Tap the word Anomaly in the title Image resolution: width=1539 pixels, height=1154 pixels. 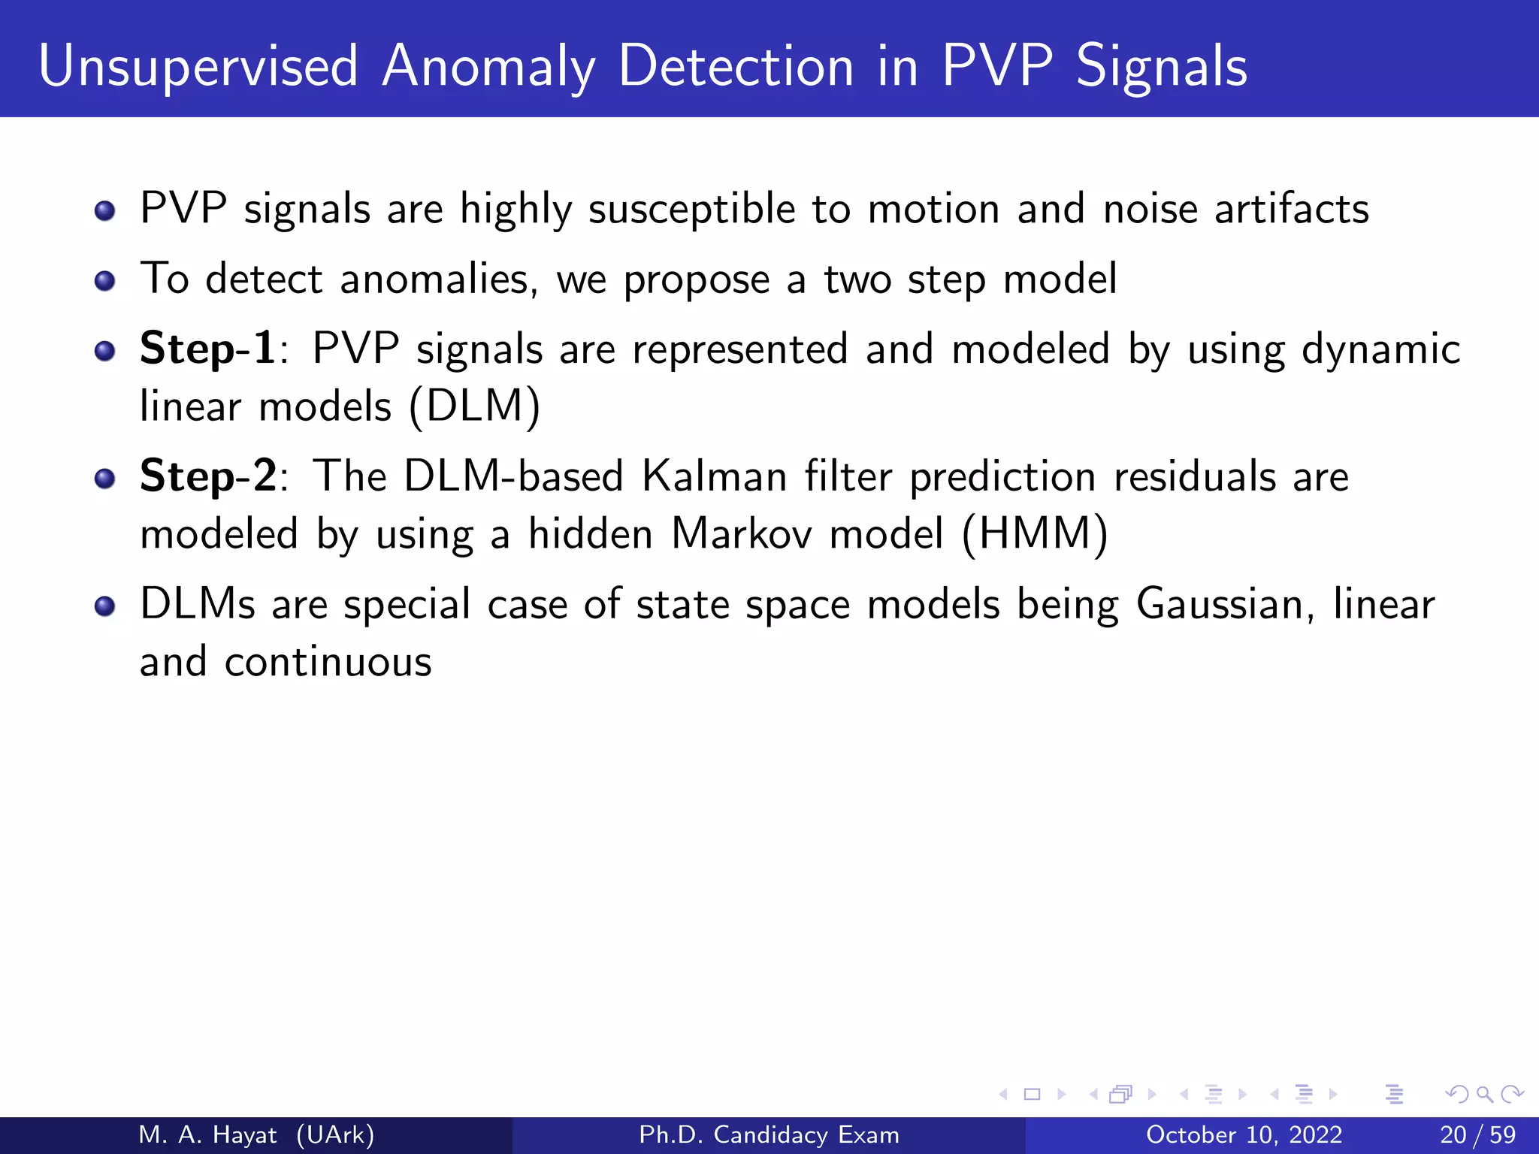488,68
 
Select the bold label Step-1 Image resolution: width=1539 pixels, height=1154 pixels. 207,349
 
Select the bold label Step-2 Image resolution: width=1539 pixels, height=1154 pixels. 208,476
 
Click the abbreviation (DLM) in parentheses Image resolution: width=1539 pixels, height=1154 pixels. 475,406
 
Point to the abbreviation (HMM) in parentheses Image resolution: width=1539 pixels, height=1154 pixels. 1034,534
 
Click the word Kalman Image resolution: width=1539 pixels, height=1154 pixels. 714,476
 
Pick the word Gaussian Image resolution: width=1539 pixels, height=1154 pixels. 1225,604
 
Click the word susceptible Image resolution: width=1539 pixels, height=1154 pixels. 691,209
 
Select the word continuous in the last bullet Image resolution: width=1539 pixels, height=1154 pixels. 328,662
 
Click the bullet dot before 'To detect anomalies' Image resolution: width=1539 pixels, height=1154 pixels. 105,281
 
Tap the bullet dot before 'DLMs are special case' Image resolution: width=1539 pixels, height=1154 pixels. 105,606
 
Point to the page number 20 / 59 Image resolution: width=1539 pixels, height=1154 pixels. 1477,1134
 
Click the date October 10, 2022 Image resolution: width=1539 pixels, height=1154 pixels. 1244,1134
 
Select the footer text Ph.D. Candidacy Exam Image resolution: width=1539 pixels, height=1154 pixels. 769,1134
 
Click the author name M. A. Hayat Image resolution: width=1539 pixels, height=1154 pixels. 207,1134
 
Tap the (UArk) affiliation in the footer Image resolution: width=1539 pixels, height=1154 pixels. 335,1134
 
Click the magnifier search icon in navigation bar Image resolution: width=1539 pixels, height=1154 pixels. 1484,1094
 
